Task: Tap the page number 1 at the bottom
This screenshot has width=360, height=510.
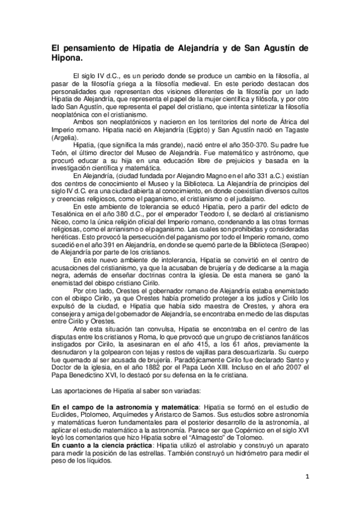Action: pos(307,478)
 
